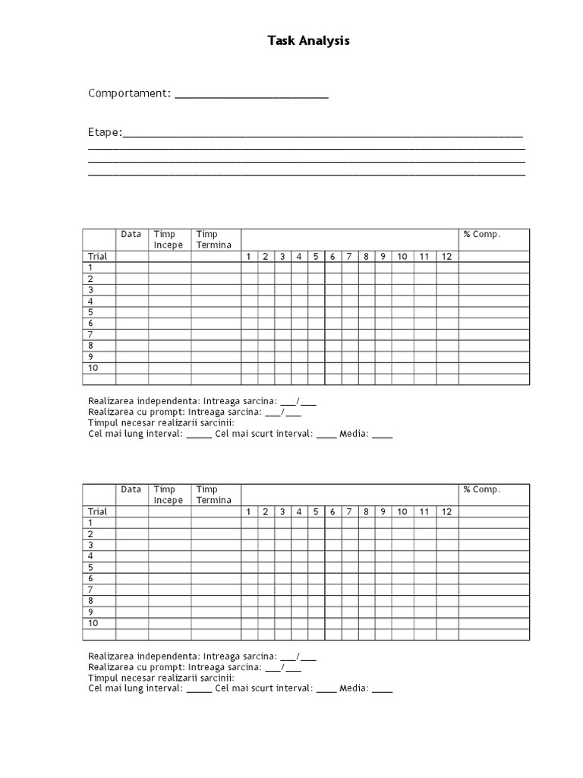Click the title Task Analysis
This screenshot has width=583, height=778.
pyautogui.click(x=308, y=41)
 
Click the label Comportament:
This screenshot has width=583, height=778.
pyautogui.click(x=129, y=93)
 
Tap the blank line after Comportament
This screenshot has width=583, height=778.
pyautogui.click(x=251, y=96)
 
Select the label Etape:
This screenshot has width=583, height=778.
pyautogui.click(x=105, y=133)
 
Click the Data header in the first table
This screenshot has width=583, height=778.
pyautogui.click(x=131, y=235)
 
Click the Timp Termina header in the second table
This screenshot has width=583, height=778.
pyautogui.click(x=213, y=495)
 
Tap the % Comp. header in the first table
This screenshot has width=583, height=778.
pyautogui.click(x=482, y=235)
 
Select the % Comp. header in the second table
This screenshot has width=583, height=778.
pyautogui.click(x=482, y=490)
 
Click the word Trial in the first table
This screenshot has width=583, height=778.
pyautogui.click(x=98, y=257)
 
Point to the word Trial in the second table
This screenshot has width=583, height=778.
pyautogui.click(x=98, y=512)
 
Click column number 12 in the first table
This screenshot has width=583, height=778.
pyautogui.click(x=446, y=257)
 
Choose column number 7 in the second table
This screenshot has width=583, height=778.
pyautogui.click(x=349, y=512)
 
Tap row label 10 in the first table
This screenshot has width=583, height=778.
pyautogui.click(x=93, y=368)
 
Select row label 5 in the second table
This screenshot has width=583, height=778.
pyautogui.click(x=90, y=568)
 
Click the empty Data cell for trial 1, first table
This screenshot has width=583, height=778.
pyautogui.click(x=131, y=267)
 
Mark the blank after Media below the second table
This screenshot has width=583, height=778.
pyautogui.click(x=383, y=691)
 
